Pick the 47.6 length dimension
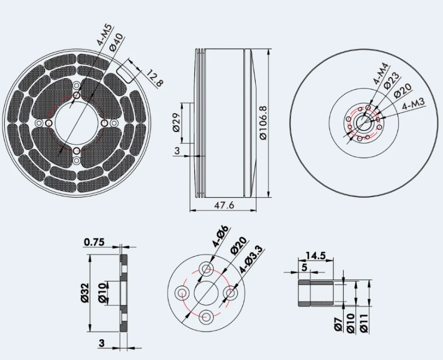point(224,205)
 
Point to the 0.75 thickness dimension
point(94,242)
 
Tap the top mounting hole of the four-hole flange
point(208,268)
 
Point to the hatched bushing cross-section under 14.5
point(304,293)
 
